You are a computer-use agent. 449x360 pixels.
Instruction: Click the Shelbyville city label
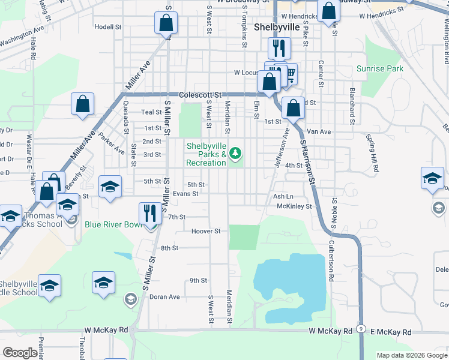[x=277, y=28]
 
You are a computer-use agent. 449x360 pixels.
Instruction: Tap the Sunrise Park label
[x=379, y=69]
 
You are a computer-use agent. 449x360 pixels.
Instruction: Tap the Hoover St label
[x=206, y=231]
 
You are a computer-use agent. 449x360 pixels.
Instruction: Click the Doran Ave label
[x=164, y=296]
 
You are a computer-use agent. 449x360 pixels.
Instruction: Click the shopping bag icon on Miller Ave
[x=82, y=104]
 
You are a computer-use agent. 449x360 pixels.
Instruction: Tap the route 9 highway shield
[x=360, y=329]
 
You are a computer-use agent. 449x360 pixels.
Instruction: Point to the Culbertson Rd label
[x=330, y=262]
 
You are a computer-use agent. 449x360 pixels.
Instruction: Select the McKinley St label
[x=294, y=206]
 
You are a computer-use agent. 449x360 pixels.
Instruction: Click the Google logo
[x=20, y=353]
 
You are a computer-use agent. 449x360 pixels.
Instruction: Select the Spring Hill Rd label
[x=373, y=154]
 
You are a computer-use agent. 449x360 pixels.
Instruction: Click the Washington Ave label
[x=22, y=35]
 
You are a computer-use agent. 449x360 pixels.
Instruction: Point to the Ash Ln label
[x=283, y=196]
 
